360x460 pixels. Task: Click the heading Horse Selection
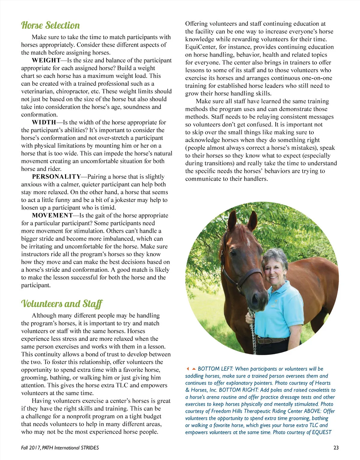(50, 25)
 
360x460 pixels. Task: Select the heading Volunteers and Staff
(62, 304)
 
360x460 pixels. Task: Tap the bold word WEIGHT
(46, 61)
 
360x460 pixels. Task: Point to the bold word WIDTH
(44, 123)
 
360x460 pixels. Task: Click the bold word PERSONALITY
(56, 177)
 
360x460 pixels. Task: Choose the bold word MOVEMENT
(52, 215)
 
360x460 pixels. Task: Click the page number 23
(336, 448)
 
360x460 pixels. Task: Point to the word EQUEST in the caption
(322, 432)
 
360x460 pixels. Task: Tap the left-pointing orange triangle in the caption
(188, 369)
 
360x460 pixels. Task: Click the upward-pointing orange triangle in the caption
(194, 369)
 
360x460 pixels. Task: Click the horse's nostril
(255, 299)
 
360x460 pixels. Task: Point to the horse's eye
(233, 254)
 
